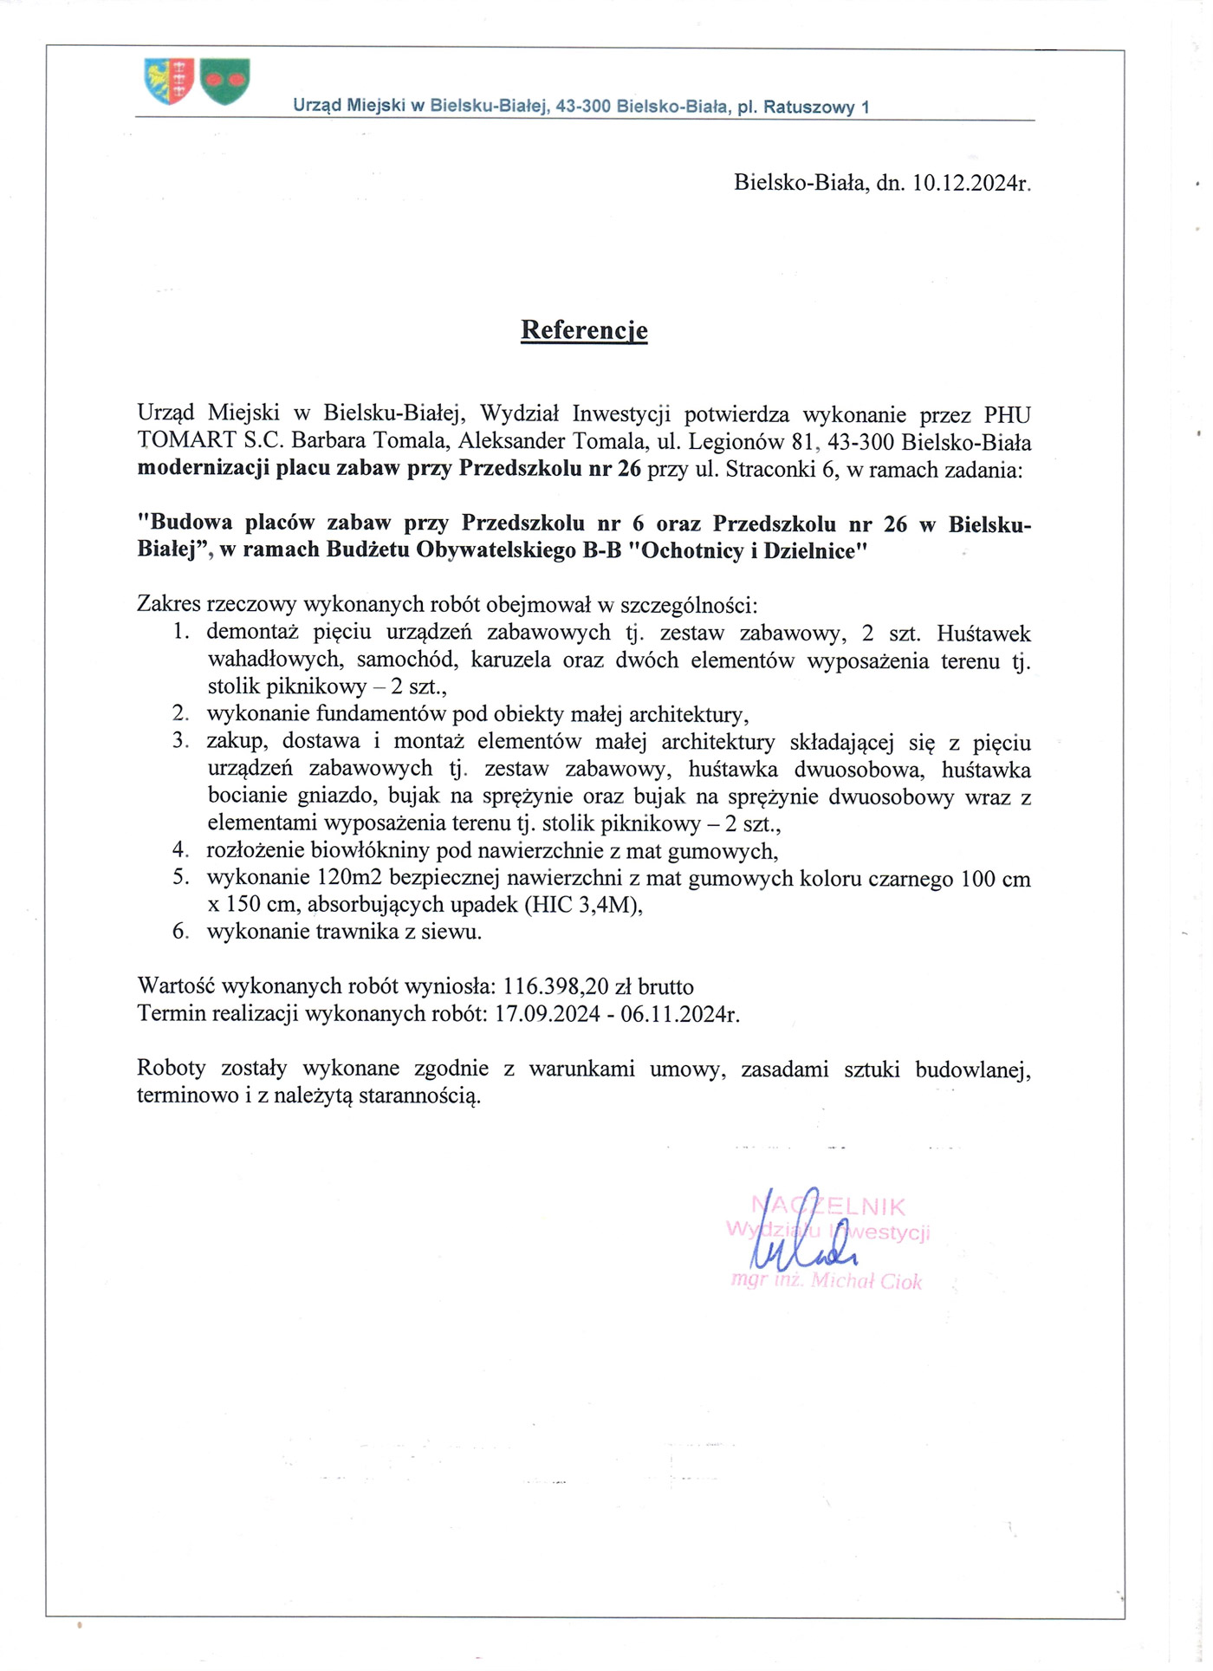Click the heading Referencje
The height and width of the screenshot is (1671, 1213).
coord(584,330)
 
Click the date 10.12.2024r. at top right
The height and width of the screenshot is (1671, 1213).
coord(971,183)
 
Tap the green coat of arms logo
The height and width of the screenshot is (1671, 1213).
coord(225,81)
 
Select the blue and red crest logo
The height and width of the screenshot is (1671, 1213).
coord(169,81)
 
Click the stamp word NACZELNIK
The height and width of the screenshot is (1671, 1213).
coord(828,1206)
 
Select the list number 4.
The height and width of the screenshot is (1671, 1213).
coord(180,850)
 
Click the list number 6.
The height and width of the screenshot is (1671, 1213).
coord(180,932)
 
